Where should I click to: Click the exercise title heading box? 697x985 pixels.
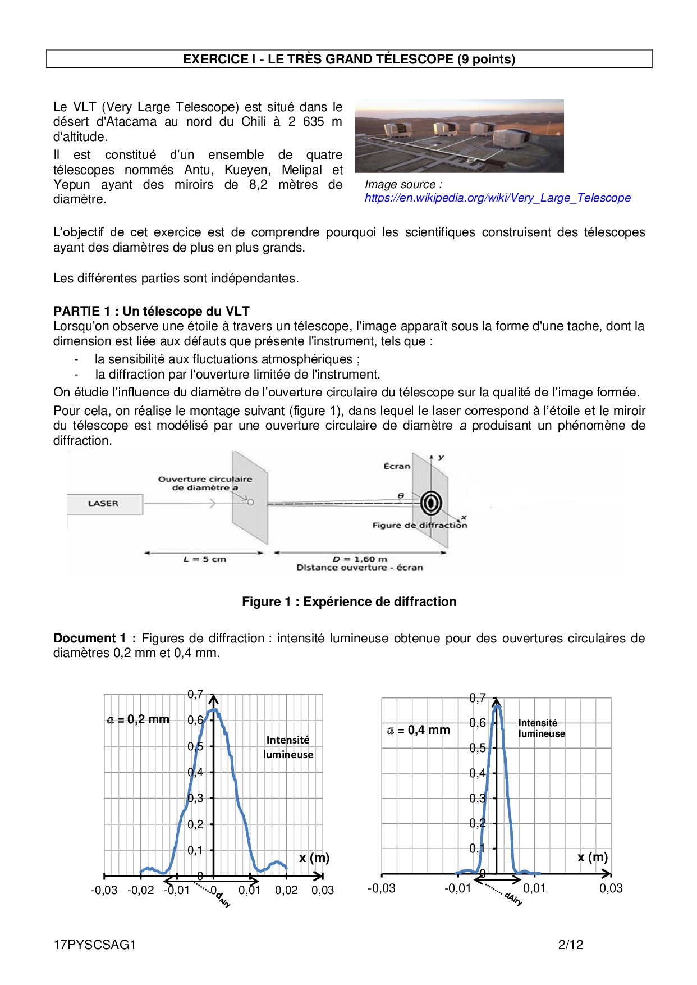(349, 59)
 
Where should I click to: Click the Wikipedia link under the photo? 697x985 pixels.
(497, 198)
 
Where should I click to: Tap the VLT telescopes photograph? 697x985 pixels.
(459, 136)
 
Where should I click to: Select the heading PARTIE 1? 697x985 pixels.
(151, 311)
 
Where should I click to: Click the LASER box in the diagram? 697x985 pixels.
(104, 504)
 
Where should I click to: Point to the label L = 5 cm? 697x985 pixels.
(204, 559)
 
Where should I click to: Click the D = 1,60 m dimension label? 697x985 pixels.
(360, 559)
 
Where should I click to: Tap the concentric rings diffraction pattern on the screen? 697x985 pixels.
(431, 503)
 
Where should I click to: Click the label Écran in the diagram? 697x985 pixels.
(397, 466)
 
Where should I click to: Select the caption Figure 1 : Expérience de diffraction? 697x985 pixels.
(349, 601)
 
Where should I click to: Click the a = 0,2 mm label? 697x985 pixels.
(138, 719)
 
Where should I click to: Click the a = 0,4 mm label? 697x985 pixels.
(419, 730)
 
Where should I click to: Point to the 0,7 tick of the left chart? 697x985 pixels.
(195, 695)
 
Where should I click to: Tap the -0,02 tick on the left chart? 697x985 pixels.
(140, 890)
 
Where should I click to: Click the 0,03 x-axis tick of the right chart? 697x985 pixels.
(611, 888)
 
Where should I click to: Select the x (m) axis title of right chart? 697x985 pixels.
(593, 858)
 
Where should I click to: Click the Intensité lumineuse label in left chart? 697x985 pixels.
(288, 747)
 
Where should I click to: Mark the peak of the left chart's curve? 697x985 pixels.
(213, 710)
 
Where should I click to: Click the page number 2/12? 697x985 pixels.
(571, 945)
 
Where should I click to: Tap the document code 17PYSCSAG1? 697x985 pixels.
(95, 945)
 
